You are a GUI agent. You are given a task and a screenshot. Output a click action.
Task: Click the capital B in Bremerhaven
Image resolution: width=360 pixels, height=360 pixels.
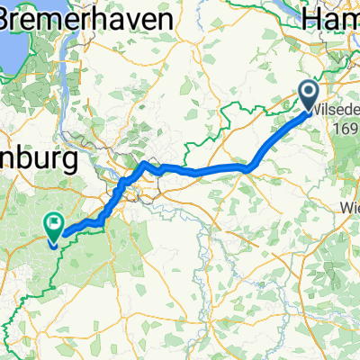12,18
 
